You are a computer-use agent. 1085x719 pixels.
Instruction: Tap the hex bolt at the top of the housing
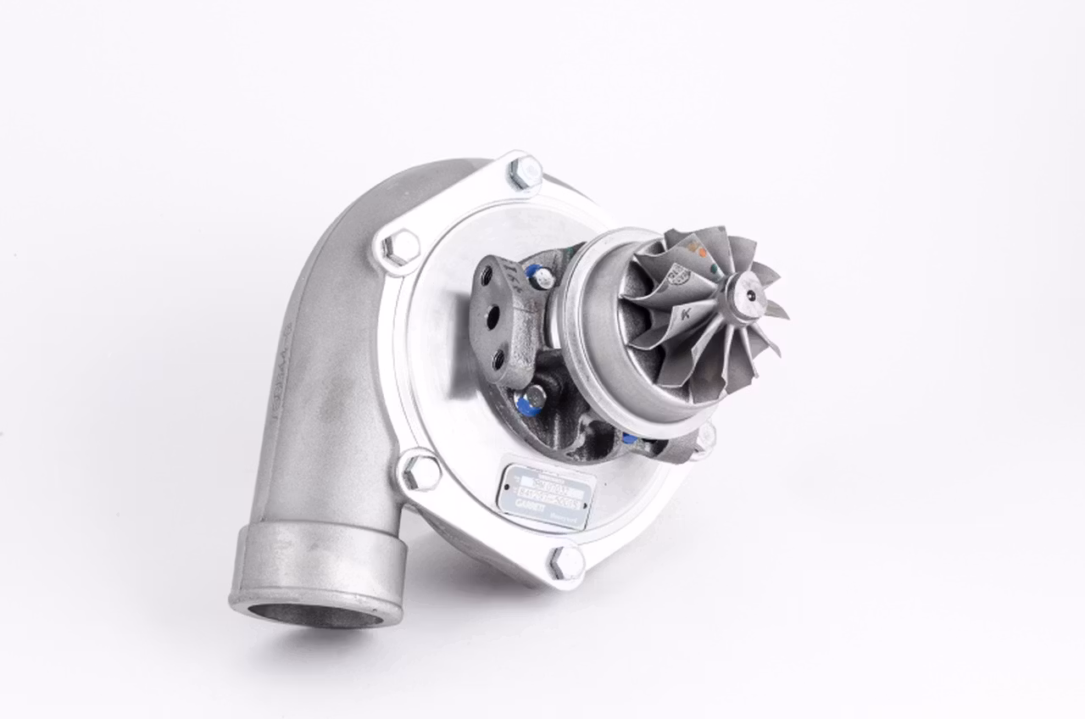tap(525, 173)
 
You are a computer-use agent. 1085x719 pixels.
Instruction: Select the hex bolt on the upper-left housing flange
tap(401, 248)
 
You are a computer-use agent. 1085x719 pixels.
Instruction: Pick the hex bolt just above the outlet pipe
tap(420, 471)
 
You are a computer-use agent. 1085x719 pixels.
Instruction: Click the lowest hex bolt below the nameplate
tap(565, 562)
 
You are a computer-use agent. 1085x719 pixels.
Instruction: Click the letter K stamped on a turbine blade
tap(683, 315)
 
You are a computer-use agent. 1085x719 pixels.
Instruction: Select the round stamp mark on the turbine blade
tap(678, 274)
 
